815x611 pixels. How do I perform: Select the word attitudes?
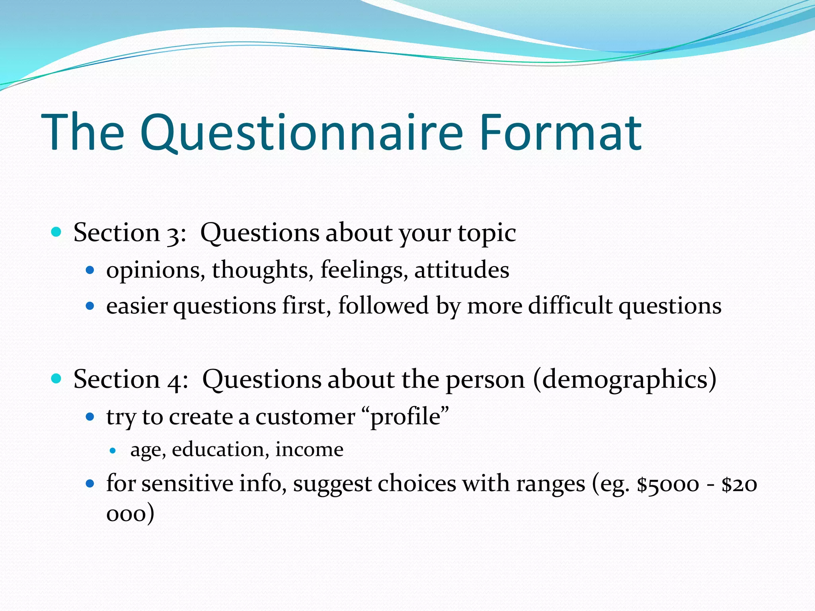[462, 270]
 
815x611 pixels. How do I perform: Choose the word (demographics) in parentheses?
[624, 380]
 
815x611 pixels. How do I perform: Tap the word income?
[309, 450]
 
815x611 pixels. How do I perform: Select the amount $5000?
[668, 485]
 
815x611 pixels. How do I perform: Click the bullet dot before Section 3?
[57, 232]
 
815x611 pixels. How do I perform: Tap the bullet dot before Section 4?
[57, 379]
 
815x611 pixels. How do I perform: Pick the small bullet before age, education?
[113, 451]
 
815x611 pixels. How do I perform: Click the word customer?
[305, 417]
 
